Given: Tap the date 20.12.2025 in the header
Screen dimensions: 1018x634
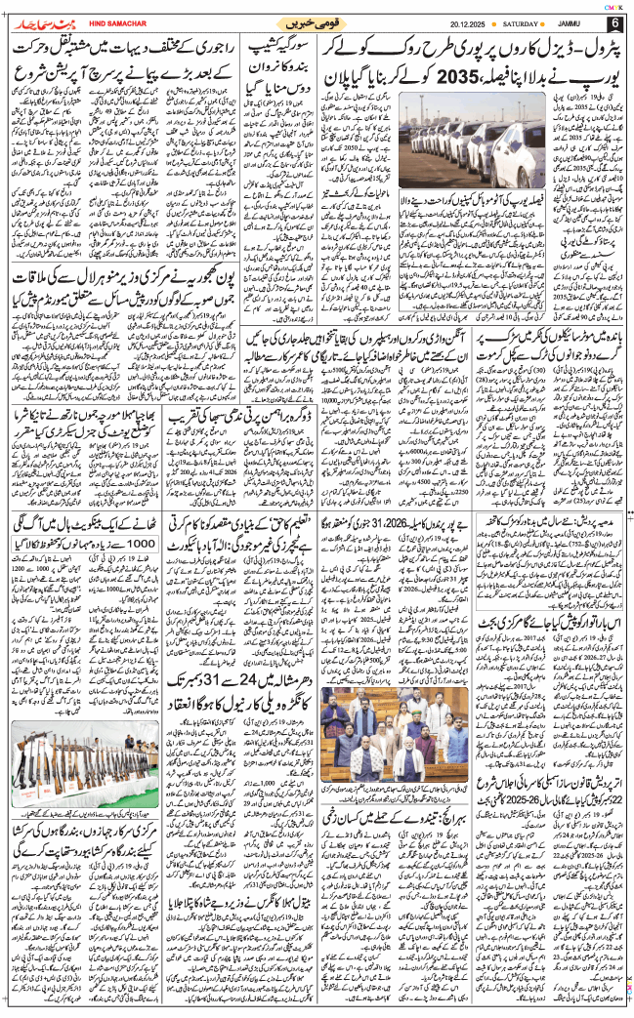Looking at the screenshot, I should tap(471, 23).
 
